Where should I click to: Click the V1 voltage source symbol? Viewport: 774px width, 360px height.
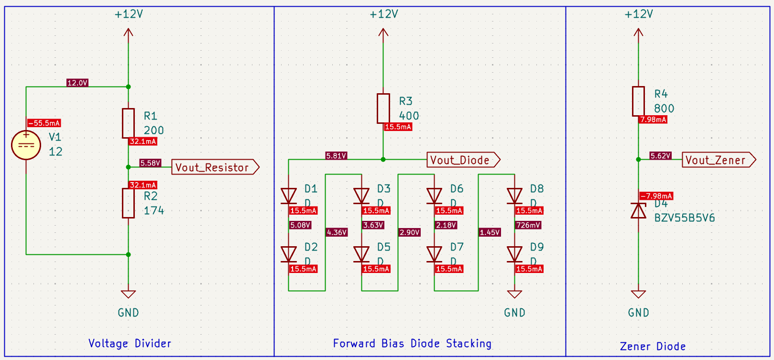(26, 145)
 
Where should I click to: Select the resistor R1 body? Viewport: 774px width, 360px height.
(128, 123)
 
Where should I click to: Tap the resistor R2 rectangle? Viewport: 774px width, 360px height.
(128, 203)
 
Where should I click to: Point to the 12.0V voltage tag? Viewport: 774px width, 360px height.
(77, 83)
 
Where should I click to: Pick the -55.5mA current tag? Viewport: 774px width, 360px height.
(44, 123)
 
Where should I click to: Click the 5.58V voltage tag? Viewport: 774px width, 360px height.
(150, 163)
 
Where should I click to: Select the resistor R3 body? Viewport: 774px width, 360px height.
(383, 109)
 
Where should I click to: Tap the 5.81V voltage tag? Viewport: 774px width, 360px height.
(336, 156)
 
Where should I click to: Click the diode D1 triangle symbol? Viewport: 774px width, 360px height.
(289, 196)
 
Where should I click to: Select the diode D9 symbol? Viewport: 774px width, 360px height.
(514, 254)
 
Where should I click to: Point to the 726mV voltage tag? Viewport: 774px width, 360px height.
(528, 225)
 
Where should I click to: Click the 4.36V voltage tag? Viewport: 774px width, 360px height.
(337, 232)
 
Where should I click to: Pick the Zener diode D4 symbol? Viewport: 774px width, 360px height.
(638, 210)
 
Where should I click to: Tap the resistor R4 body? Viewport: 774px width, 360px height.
(638, 101)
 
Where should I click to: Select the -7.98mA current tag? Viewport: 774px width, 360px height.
(656, 196)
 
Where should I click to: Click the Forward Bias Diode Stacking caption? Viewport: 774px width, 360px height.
(412, 343)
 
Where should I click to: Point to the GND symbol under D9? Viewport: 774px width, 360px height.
(514, 295)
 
